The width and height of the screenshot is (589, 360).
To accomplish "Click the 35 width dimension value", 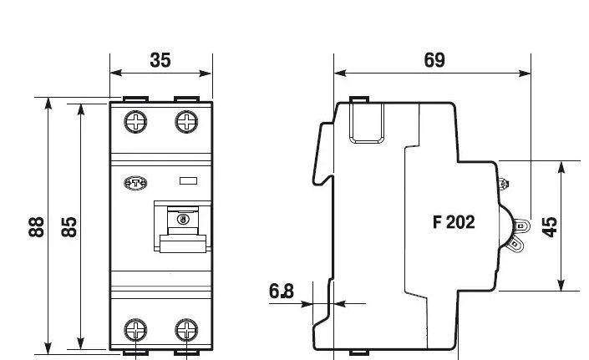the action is (160, 60).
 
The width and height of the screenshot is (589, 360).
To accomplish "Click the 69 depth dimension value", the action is (434, 60).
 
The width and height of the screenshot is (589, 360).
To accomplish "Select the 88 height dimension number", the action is (37, 226).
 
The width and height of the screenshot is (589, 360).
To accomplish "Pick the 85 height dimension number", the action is (69, 226).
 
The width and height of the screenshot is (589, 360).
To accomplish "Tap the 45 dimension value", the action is (550, 226).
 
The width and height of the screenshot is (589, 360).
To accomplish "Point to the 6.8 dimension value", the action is (282, 291).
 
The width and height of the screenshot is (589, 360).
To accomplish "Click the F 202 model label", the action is (454, 222).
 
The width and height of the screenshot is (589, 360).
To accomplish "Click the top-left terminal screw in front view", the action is (135, 122).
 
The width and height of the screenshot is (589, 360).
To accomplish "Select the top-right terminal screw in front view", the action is (186, 122).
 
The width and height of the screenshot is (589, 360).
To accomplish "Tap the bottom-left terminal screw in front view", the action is (135, 330).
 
